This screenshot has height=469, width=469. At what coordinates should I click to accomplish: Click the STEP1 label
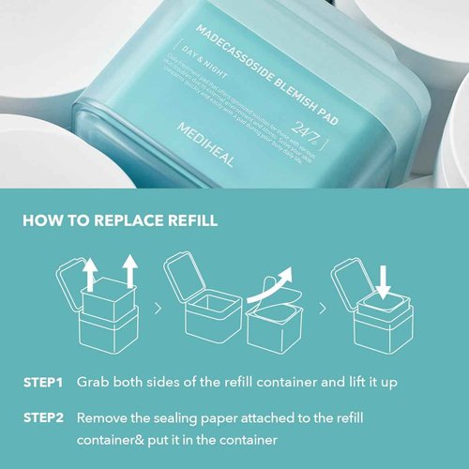tap(43, 384)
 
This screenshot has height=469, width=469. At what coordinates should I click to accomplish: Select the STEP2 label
tap(43, 416)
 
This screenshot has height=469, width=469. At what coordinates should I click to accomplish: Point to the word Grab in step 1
tap(93, 384)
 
